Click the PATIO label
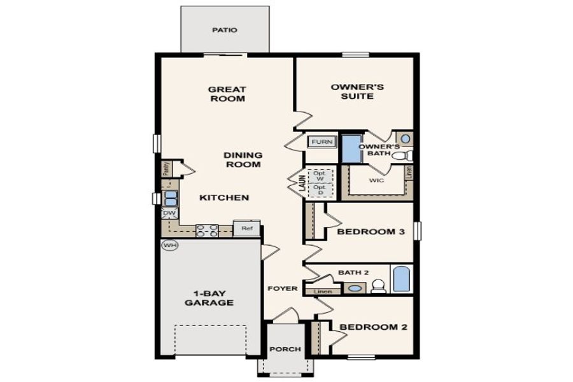click(x=224, y=30)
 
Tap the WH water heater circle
click(x=169, y=245)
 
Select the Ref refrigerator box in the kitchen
click(x=246, y=228)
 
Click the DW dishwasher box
click(x=169, y=214)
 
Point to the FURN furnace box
click(x=321, y=142)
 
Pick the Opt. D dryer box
click(x=320, y=190)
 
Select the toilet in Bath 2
click(x=379, y=286)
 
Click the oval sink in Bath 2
click(x=355, y=288)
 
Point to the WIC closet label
click(x=376, y=180)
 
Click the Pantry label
click(x=166, y=169)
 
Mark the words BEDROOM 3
click(x=371, y=232)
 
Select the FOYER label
click(x=283, y=288)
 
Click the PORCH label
click(x=285, y=350)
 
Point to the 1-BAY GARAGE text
click(x=209, y=298)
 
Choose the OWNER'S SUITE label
click(x=351, y=91)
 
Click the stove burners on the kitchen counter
click(x=207, y=230)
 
